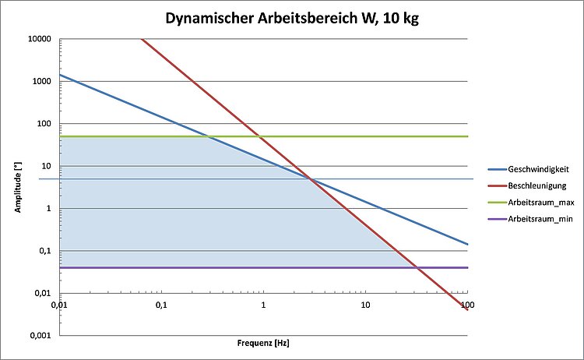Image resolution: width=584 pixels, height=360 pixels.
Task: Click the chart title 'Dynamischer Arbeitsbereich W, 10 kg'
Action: pyautogui.click(x=292, y=18)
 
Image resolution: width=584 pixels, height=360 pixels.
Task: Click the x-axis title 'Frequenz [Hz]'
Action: pyautogui.click(x=263, y=343)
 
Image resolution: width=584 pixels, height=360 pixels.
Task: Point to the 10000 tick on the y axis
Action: pyautogui.click(x=38, y=39)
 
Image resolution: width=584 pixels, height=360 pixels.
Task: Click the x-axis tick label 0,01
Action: pyautogui.click(x=60, y=305)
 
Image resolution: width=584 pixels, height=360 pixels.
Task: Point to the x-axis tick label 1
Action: pyautogui.click(x=263, y=305)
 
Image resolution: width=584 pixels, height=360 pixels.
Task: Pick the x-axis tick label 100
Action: pyautogui.click(x=467, y=305)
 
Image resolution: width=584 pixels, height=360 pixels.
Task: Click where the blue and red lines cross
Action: pyautogui.click(x=311, y=180)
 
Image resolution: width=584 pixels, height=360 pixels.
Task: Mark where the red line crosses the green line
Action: pyautogui.click(x=259, y=136)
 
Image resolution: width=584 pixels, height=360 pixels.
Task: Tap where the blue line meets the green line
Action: pyautogui.click(x=209, y=136)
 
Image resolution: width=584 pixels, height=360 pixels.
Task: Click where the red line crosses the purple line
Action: pyautogui.click(x=417, y=267)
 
